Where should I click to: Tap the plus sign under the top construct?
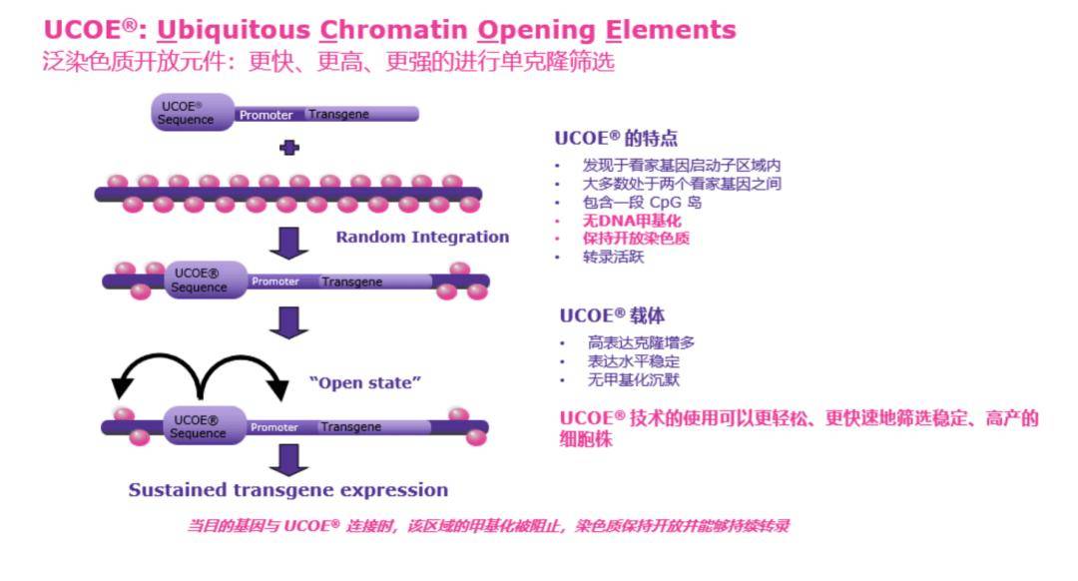coord(289,148)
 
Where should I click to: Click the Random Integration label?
coord(422,237)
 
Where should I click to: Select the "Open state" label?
coord(365,382)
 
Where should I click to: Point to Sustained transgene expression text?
coord(287,490)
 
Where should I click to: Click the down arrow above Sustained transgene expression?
coord(289,458)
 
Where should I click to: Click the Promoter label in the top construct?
coord(266,115)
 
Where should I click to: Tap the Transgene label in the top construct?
coord(338,115)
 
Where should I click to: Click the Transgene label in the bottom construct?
coord(351,427)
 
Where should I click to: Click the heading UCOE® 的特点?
coord(616,139)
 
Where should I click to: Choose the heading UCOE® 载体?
coord(611,315)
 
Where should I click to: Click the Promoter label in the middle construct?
coord(275,282)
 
